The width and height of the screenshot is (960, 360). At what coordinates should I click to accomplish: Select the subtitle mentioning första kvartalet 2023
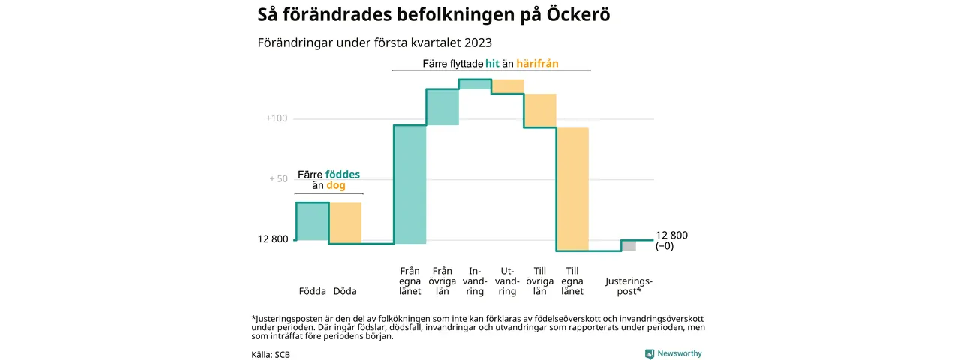375,42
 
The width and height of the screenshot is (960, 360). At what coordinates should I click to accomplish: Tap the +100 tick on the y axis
277,118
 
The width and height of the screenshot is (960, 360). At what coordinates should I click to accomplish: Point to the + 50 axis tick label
278,179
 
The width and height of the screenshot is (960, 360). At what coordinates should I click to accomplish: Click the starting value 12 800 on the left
273,239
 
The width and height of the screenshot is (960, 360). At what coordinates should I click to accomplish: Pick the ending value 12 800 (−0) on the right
671,240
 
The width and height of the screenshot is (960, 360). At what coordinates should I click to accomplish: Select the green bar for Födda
313,221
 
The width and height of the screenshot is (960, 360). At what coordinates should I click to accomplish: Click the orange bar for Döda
346,223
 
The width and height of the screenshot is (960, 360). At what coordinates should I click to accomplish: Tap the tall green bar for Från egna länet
410,184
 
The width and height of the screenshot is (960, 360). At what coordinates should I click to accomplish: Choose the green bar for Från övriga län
442,106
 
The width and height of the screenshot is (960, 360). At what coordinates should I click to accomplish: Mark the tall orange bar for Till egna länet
572,189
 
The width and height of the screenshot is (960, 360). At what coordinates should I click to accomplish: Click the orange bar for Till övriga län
540,110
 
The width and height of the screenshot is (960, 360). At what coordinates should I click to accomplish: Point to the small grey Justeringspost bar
628,246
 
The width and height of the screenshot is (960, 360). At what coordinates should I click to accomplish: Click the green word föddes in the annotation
343,175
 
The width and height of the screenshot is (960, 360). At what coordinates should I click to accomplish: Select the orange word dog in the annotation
336,186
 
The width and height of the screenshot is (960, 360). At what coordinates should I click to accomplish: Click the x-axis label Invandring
475,280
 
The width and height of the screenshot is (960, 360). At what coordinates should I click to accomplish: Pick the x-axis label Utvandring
507,280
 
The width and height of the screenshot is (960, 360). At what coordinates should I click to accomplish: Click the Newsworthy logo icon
649,353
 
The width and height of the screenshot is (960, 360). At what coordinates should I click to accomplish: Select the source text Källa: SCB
271,354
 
